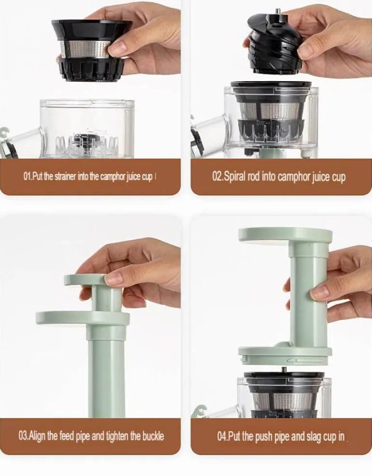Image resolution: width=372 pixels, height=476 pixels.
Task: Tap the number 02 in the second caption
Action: [217, 176]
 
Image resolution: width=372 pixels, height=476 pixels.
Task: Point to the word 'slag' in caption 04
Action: [315, 436]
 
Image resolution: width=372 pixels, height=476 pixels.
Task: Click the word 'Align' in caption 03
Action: [37, 436]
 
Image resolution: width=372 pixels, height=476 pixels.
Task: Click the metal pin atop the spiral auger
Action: [277, 12]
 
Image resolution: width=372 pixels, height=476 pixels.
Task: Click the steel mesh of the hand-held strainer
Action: [86, 49]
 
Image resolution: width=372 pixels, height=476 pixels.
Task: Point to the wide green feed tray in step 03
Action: [83, 318]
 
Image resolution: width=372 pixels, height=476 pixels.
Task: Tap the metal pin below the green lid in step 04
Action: [284, 370]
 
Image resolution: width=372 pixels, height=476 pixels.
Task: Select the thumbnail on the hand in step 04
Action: [319, 292]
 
